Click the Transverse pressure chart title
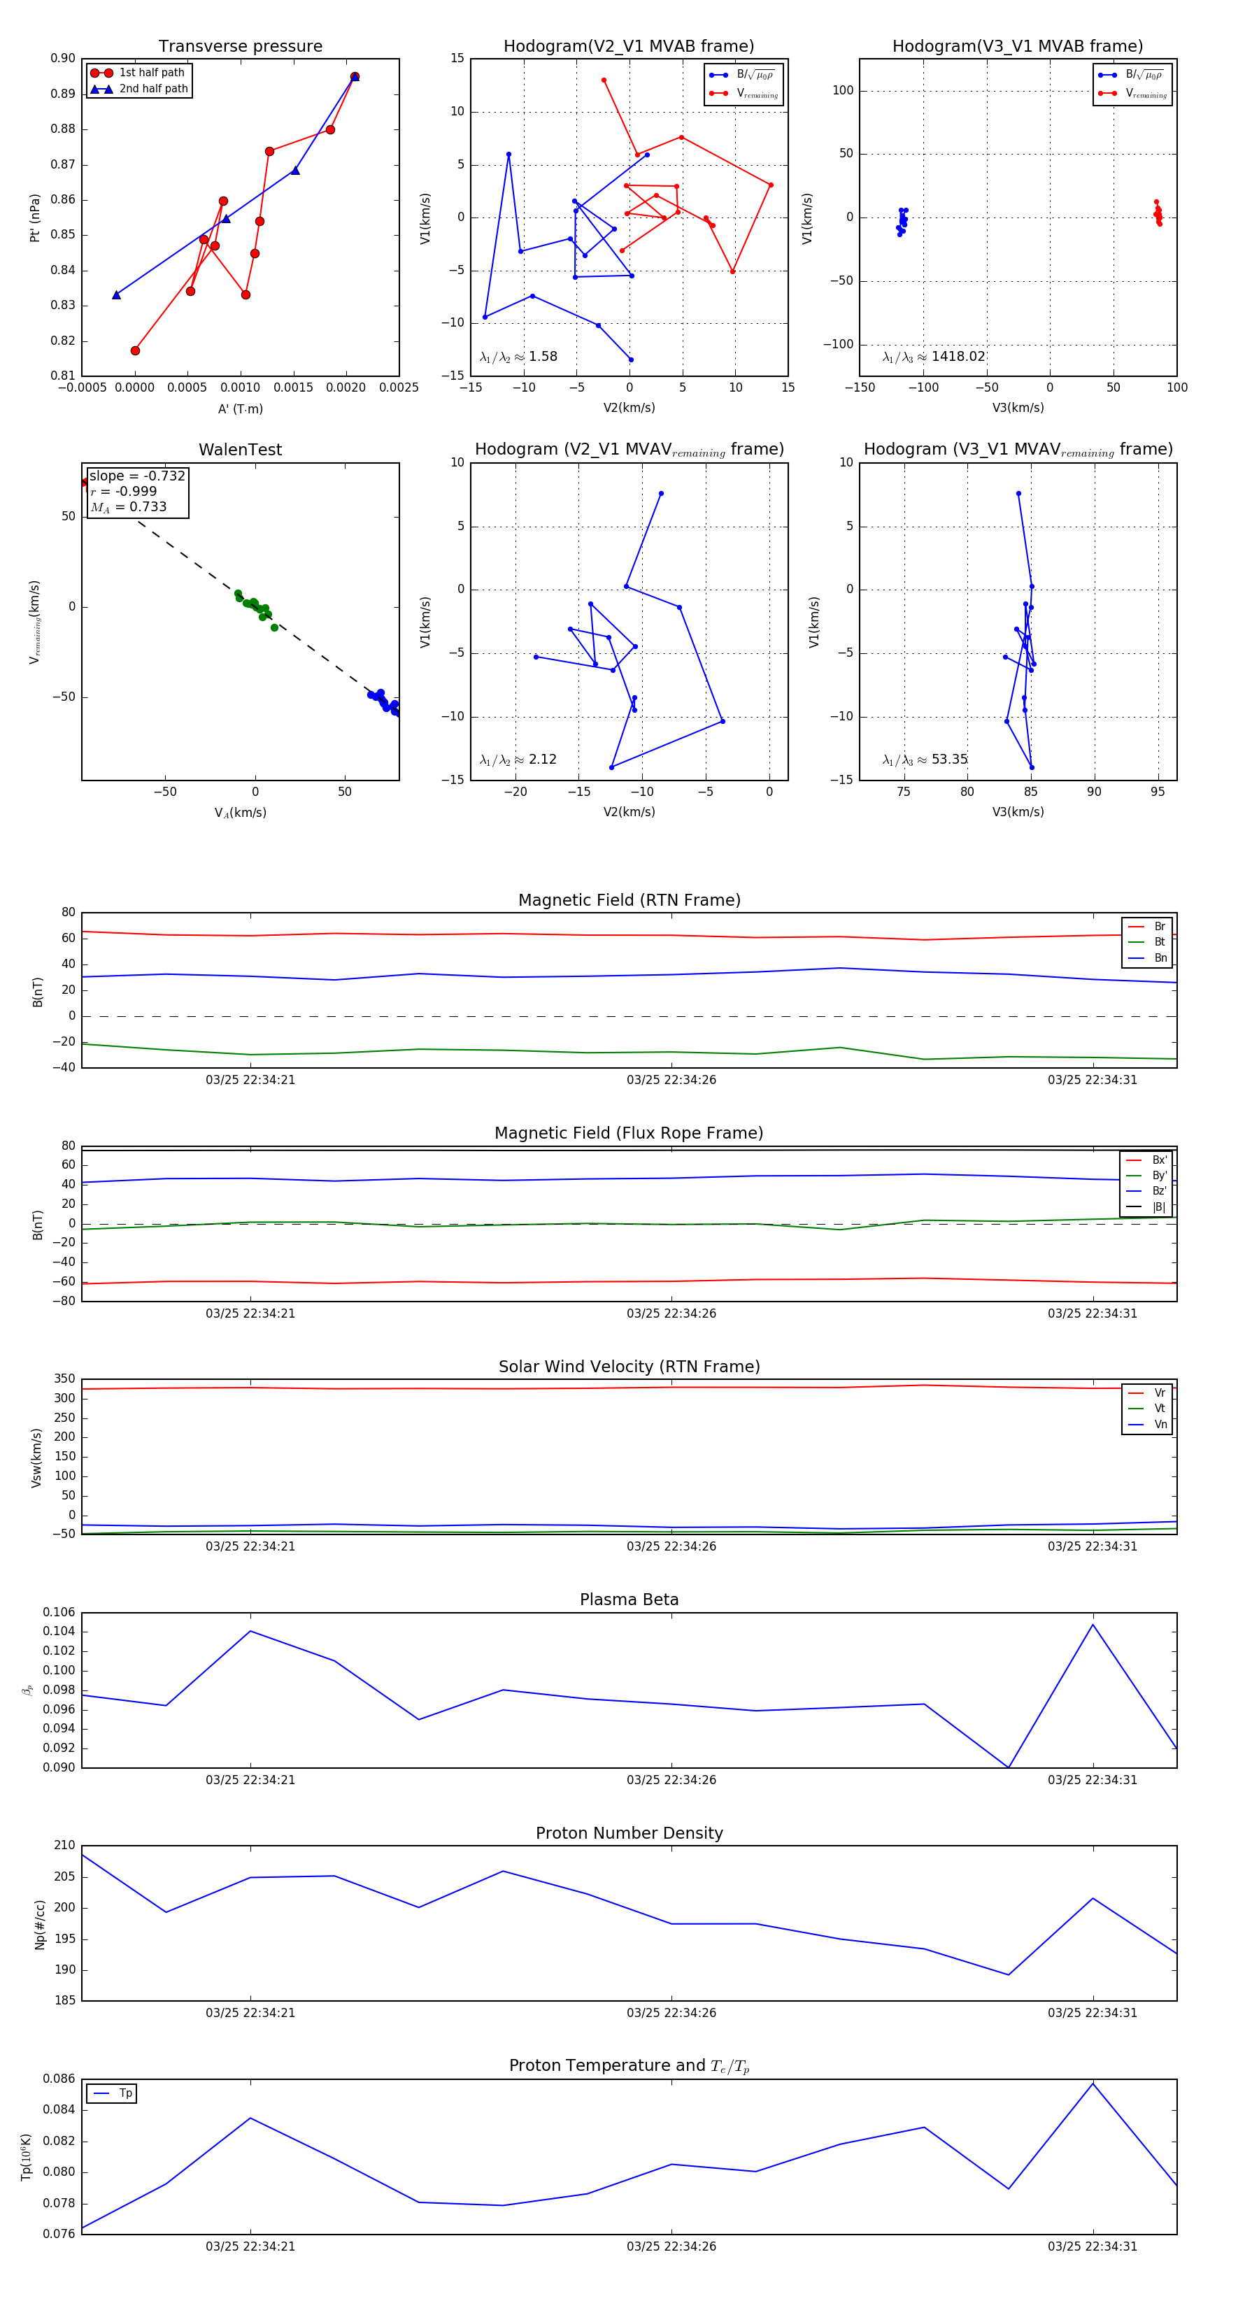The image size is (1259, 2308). pyautogui.click(x=240, y=47)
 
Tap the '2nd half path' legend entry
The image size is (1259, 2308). pyautogui.click(x=153, y=89)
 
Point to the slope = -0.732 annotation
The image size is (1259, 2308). pyautogui.click(x=137, y=476)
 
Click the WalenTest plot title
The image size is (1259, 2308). pyautogui.click(x=240, y=450)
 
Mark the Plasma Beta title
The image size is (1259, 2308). pyautogui.click(x=629, y=1600)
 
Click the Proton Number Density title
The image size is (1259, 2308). pyautogui.click(x=629, y=1833)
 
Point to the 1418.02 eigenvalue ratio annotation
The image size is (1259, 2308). pyautogui.click(x=934, y=357)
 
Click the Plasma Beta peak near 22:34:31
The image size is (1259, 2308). pyautogui.click(x=1093, y=1625)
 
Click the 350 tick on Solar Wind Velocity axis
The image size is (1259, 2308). pyautogui.click(x=64, y=1379)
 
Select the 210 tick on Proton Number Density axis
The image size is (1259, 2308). pyautogui.click(x=64, y=1846)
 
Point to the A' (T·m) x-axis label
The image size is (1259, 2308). pyautogui.click(x=240, y=408)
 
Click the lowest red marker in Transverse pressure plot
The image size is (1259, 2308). pyautogui.click(x=135, y=350)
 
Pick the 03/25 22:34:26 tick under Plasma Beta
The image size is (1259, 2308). pyautogui.click(x=671, y=1779)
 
